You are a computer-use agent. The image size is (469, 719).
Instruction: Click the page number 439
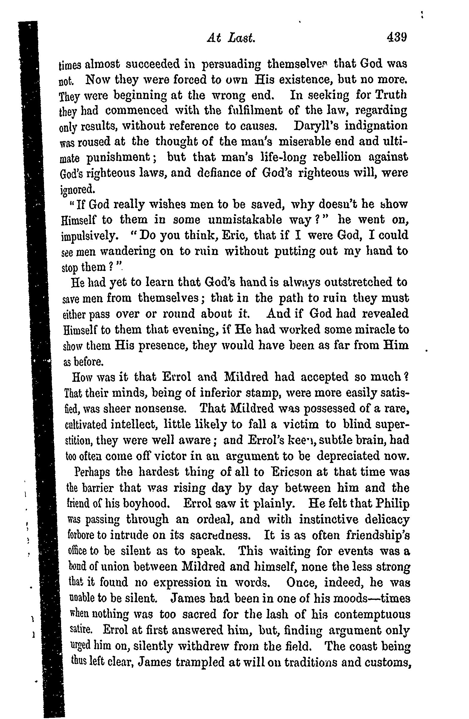(396, 38)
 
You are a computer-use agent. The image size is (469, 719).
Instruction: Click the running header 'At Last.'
(231, 39)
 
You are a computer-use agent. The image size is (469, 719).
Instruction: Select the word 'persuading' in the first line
(231, 64)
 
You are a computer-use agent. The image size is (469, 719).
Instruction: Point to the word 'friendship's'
(378, 535)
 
